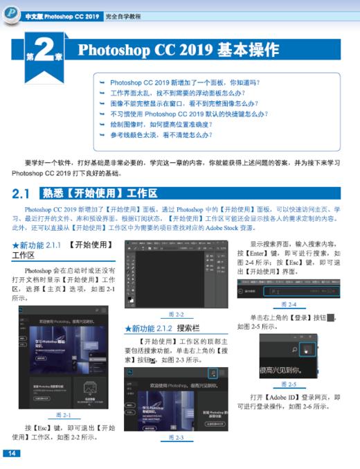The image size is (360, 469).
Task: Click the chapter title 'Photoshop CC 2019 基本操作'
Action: pos(178,50)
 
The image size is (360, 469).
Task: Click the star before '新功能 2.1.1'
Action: pos(16,245)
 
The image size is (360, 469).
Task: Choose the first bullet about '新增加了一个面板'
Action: pos(181,81)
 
